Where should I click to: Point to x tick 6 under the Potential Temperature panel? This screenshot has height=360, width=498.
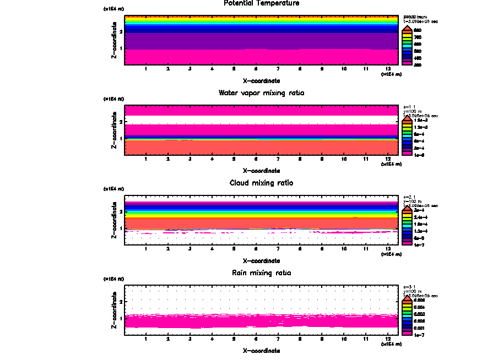(256, 69)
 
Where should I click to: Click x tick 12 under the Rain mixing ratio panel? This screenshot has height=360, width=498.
(388, 339)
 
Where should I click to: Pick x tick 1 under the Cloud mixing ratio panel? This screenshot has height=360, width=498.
(145, 249)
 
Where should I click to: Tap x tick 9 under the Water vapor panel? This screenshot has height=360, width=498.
(322, 160)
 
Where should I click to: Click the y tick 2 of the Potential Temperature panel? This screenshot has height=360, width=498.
(121, 31)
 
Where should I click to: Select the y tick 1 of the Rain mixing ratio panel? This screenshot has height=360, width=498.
(121, 318)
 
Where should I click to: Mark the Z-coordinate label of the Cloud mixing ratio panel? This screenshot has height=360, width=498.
(114, 220)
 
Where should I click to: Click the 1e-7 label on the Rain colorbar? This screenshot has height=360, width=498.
(419, 334)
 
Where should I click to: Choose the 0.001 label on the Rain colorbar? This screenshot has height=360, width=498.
(419, 328)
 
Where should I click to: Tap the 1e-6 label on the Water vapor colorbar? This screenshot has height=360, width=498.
(419, 155)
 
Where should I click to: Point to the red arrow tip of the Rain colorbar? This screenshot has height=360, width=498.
(406, 297)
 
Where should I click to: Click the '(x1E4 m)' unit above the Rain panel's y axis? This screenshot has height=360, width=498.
(113, 279)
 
